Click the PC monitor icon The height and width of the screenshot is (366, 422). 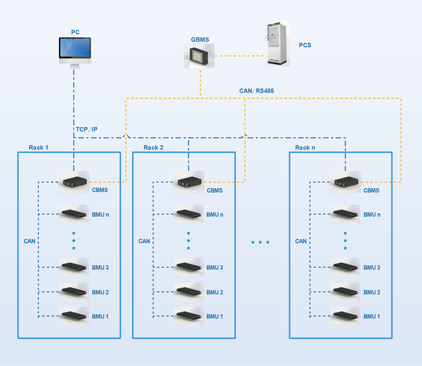tap(75, 51)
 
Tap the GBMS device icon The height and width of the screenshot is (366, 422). tap(200, 57)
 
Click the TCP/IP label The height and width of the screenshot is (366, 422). tap(87, 130)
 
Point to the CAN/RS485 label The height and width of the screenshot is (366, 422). tap(257, 91)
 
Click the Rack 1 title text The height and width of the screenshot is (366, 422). tap(39, 148)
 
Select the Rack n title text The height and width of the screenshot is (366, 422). tap(305, 148)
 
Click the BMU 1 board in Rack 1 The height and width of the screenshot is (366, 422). tap(74, 315)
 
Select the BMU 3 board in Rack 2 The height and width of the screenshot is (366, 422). tap(188, 266)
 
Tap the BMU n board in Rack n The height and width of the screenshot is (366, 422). tap(345, 214)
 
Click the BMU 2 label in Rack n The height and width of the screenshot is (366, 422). tap(371, 292)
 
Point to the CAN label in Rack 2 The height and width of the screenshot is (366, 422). tap(145, 241)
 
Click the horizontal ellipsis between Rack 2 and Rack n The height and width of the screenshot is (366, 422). tap(261, 242)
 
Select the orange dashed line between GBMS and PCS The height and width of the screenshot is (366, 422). tap(241, 56)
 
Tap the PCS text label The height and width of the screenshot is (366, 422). tap(305, 45)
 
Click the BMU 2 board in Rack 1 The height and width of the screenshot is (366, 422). tap(74, 291)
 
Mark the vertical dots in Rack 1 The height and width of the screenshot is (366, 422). tap(74, 240)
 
